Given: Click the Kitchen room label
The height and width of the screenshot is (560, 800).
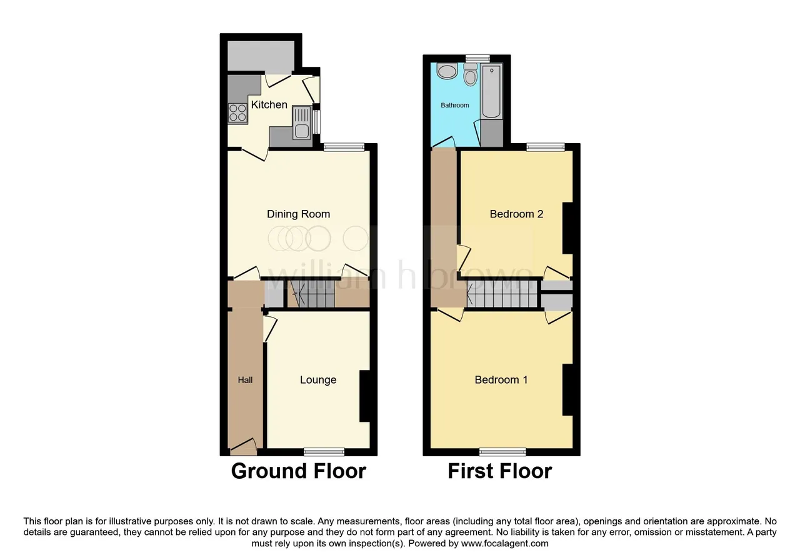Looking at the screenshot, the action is [x=269, y=104].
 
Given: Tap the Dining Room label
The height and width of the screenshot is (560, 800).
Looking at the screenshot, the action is [x=298, y=214].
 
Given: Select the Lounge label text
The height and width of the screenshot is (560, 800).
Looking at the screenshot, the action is [x=318, y=379].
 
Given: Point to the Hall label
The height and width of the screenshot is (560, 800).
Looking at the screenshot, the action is [x=246, y=380].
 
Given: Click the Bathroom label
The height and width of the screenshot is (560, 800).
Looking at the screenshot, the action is [x=454, y=105].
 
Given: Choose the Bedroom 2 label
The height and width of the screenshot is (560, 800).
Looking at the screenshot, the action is [x=516, y=214].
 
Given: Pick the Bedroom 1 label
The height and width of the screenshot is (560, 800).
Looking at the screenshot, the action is [x=501, y=379].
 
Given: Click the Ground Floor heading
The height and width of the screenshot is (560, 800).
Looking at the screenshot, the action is [x=299, y=471].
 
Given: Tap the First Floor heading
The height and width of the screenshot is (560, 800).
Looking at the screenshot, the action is [x=499, y=471].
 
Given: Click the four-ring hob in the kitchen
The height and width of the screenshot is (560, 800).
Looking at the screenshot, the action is [x=237, y=113].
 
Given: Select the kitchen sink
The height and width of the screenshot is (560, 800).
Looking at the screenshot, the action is [x=302, y=123].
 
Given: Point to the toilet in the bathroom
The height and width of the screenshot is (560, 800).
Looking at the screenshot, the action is [x=471, y=74].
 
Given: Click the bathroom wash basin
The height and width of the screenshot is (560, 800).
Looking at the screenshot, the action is [x=447, y=71].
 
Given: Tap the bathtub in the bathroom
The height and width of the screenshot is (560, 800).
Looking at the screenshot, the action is [x=491, y=91].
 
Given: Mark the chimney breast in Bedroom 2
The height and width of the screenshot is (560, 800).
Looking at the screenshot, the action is [x=568, y=229].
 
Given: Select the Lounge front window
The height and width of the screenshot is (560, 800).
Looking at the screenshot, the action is [x=324, y=452].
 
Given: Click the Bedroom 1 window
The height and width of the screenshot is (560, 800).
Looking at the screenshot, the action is [x=502, y=452].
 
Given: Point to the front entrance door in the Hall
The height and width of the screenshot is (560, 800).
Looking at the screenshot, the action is [x=243, y=447].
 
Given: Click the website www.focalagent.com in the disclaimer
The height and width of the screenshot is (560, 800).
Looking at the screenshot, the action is [x=504, y=544].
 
